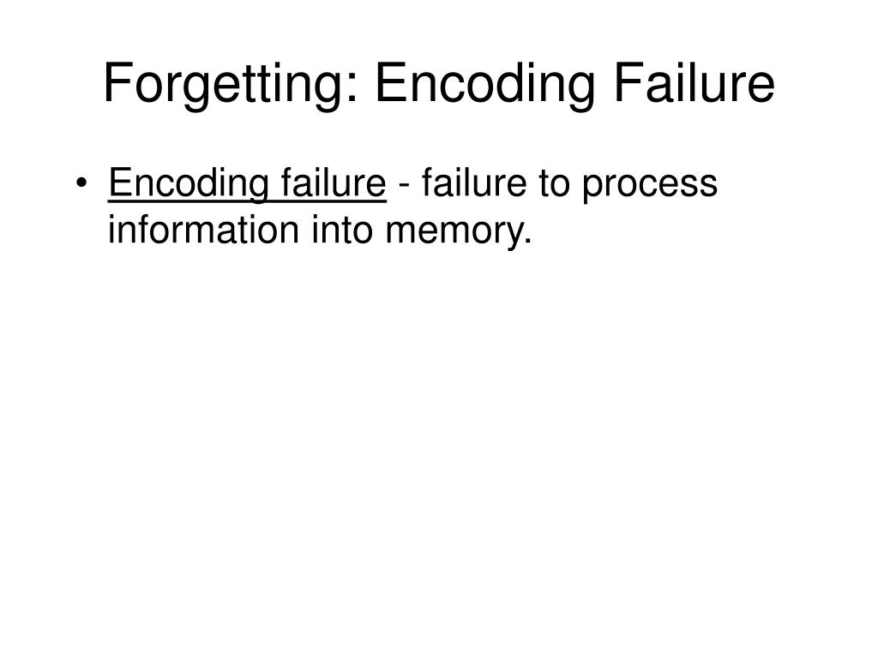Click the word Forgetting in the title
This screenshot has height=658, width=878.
226,86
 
